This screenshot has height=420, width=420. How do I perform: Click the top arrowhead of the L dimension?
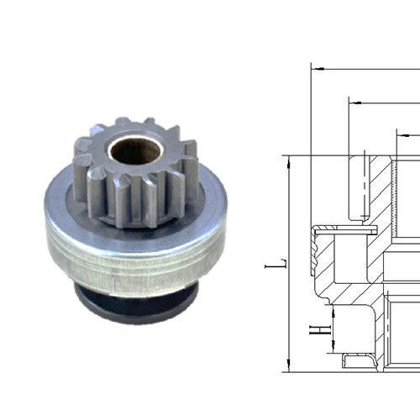click(x=288, y=160)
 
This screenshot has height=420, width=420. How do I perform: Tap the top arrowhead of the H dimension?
click(x=333, y=312)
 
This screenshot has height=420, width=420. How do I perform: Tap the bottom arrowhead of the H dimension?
click(x=333, y=349)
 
